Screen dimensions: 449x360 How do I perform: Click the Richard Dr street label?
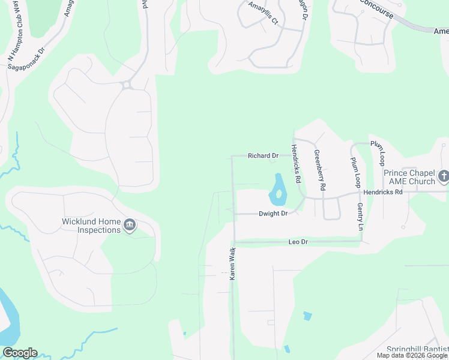pos(263,156)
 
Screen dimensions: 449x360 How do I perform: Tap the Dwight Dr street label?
pos(273,214)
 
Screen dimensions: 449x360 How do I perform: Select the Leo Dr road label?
pos(298,242)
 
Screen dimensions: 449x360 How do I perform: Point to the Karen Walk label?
pos(232,264)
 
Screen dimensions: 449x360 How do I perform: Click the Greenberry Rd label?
pos(319,170)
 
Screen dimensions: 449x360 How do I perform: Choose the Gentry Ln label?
pos(360,217)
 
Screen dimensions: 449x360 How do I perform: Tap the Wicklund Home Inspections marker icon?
pos(129,226)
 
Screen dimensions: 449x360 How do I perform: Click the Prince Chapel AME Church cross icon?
pos(443,176)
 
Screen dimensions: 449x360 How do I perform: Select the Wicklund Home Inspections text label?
pos(91,226)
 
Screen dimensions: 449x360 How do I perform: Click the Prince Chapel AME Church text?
pos(409,177)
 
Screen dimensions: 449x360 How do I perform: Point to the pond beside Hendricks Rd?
pos(277,189)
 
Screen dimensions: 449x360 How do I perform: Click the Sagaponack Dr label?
pos(25,59)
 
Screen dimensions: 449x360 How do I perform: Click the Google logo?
pos(19,353)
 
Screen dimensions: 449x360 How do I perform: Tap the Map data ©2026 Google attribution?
pos(411,355)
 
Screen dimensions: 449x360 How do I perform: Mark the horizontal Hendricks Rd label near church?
pos(382,192)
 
